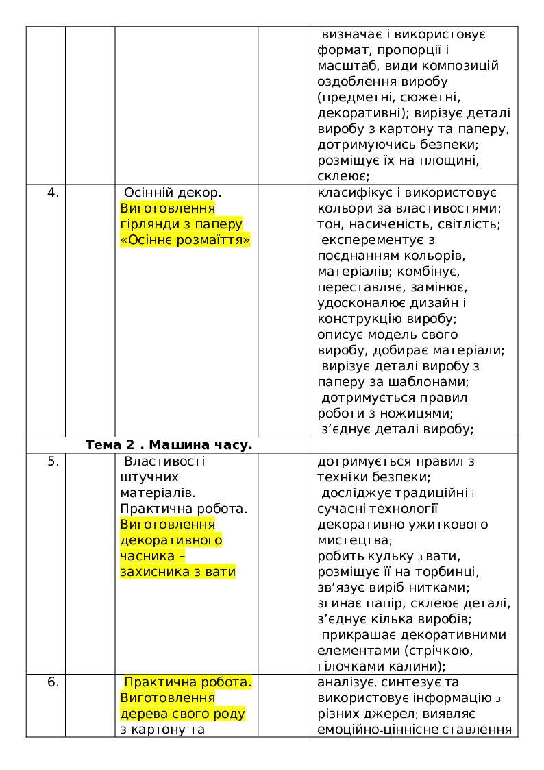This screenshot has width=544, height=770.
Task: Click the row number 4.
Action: (53, 193)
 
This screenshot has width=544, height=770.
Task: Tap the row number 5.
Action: (53, 461)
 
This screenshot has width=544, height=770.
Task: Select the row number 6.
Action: (53, 682)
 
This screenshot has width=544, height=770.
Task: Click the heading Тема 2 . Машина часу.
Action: (169, 445)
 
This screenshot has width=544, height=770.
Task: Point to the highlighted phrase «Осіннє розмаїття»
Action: (185, 240)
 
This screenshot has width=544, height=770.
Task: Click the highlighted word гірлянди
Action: (145, 224)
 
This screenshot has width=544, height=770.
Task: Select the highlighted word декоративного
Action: (171, 540)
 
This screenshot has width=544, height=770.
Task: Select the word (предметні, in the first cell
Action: (354, 97)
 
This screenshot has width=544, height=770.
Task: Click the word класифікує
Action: (353, 193)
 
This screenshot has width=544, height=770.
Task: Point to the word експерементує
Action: (364, 240)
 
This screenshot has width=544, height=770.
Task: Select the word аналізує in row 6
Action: (345, 682)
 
